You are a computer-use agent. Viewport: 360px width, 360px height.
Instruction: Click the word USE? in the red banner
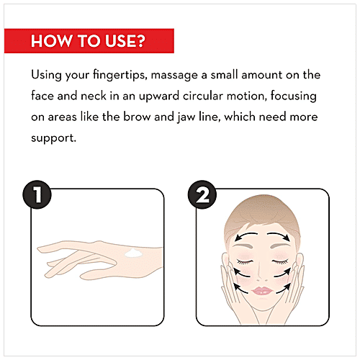pyautogui.click(x=125, y=41)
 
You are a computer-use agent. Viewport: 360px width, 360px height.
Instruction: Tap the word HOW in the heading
pyautogui.click(x=51, y=41)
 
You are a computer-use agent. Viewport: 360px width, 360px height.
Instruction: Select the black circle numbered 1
pyautogui.click(x=37, y=194)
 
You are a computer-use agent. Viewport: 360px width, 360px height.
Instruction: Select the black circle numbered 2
pyautogui.click(x=202, y=194)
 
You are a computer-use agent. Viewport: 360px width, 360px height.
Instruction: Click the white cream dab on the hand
pyautogui.click(x=133, y=253)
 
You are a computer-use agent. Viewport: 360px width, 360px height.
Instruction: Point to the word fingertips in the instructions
pyautogui.click(x=120, y=75)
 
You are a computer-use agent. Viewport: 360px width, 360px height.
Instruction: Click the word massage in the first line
pyautogui.click(x=174, y=76)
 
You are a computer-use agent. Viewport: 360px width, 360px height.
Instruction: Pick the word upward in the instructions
pyautogui.click(x=159, y=96)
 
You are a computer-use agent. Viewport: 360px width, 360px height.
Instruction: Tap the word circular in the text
pyautogui.click(x=203, y=96)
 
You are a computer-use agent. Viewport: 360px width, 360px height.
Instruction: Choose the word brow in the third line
pyautogui.click(x=137, y=117)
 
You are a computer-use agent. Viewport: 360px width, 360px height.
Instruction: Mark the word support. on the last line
pyautogui.click(x=53, y=139)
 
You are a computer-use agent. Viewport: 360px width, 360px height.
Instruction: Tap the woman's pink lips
pyautogui.click(x=261, y=291)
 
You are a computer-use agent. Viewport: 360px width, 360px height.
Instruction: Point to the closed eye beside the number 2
pyautogui.click(x=245, y=261)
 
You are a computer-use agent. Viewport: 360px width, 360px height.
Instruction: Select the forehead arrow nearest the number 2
pyautogui.click(x=246, y=235)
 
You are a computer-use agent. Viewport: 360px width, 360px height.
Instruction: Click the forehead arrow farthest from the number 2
pyautogui.click(x=279, y=235)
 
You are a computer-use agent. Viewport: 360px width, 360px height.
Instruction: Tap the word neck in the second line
pyautogui.click(x=94, y=96)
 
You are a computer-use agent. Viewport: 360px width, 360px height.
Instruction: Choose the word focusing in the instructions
pyautogui.click(x=294, y=96)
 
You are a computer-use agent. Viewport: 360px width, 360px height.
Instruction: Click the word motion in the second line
pyautogui.click(x=246, y=96)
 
